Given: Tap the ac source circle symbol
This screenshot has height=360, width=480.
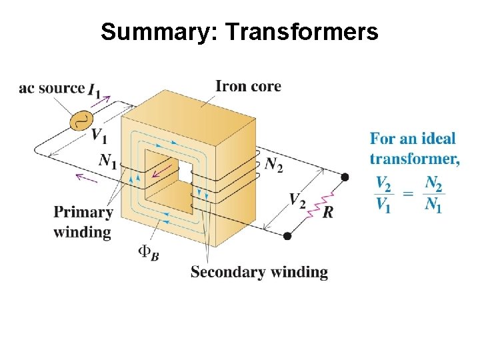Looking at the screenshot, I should [x=83, y=120].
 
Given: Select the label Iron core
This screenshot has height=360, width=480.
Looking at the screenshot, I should [x=248, y=86].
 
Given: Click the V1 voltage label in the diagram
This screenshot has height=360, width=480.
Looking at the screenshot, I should [x=99, y=136].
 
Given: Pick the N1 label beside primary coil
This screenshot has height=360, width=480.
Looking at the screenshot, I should [x=107, y=161].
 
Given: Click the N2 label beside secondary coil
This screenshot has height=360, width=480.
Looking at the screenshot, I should [x=273, y=164].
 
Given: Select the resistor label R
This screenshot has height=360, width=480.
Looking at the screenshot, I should [x=327, y=212].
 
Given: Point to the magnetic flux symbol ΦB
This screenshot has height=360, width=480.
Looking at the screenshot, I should [x=148, y=252].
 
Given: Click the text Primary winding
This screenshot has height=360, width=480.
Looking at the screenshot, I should [x=83, y=222].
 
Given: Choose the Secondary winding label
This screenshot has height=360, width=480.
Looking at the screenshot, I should [x=259, y=272].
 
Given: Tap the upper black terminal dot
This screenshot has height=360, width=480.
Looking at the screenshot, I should [x=345, y=177].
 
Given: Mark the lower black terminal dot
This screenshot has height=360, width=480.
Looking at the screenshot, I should [x=287, y=235].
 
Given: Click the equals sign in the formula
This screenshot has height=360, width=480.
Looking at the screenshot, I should [x=408, y=194].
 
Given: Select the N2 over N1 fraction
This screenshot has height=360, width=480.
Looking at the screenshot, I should [x=433, y=193].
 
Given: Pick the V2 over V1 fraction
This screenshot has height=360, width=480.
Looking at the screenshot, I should [x=383, y=193].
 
